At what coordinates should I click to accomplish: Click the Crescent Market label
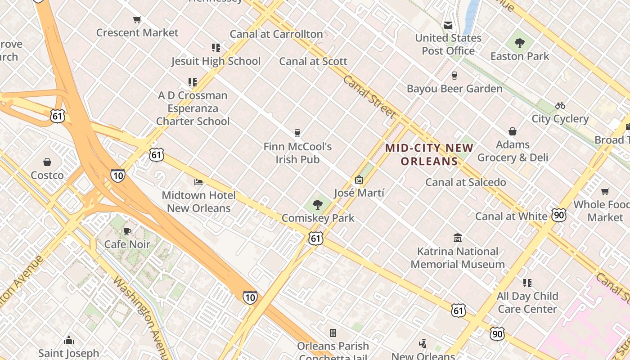[137, 33]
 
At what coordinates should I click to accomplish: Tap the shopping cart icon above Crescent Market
[137, 19]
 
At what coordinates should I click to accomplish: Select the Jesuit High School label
[216, 61]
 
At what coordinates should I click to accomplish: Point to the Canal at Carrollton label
[276, 34]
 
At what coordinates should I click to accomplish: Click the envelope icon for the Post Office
[448, 25]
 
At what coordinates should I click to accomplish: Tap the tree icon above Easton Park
[520, 43]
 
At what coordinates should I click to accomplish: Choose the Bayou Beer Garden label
[454, 89]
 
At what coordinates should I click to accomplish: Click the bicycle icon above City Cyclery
[560, 105]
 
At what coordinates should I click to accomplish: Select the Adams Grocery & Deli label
[513, 151]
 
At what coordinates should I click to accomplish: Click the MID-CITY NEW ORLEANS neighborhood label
[429, 154]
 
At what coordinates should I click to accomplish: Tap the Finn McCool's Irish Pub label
[297, 153]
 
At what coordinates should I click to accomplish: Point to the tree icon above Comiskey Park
[318, 205]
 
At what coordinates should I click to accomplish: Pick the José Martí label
[359, 193]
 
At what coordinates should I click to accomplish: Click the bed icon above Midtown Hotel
[198, 182]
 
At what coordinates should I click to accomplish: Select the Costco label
[47, 175]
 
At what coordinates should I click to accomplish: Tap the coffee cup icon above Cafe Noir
[127, 231]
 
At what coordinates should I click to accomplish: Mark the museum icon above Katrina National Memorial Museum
[458, 238]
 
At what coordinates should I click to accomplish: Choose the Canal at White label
[511, 216]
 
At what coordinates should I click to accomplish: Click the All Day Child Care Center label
[527, 302]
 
